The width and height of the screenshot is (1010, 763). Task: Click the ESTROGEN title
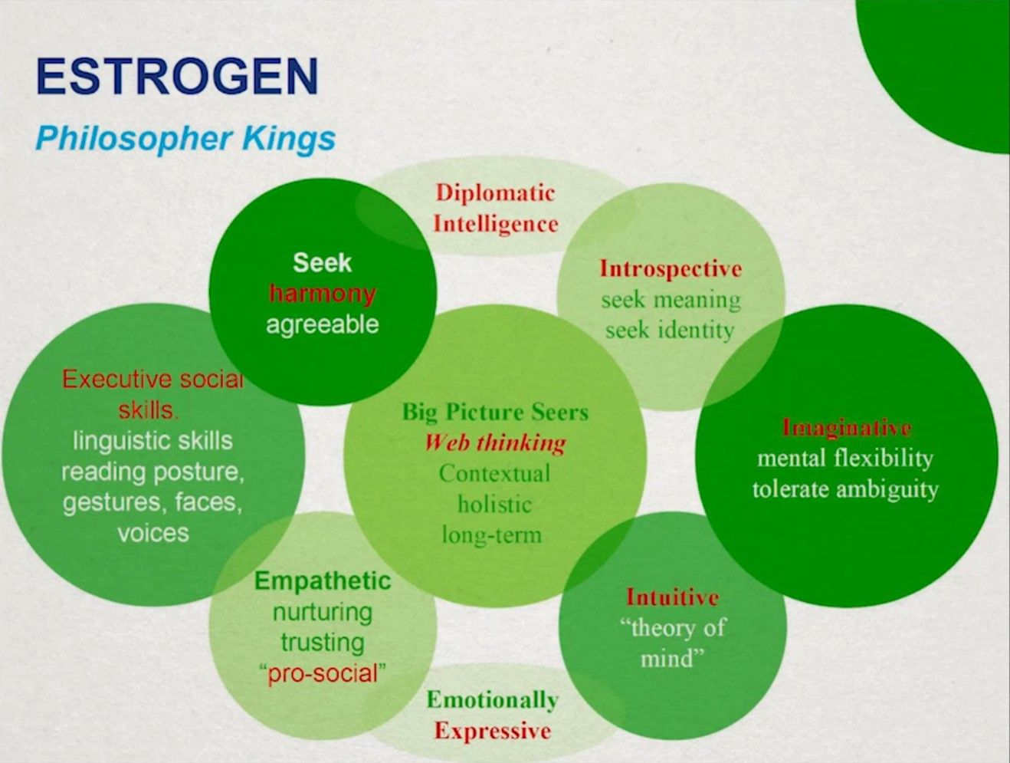coord(177,76)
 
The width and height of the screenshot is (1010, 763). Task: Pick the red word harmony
coord(323,294)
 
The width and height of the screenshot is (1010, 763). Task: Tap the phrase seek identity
coord(670,331)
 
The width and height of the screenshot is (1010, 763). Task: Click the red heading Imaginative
coord(847,428)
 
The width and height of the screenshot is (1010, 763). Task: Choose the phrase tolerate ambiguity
coord(846,490)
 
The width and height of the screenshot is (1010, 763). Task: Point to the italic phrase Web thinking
coord(495,443)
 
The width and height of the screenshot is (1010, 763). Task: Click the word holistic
coord(495,505)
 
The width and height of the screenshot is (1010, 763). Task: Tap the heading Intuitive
coord(672,597)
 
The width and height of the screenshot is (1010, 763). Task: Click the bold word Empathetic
coord(323,581)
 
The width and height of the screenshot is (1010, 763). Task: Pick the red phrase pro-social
coord(323,674)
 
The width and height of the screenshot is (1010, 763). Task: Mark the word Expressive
coord(493,732)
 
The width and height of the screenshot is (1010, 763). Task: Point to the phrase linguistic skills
coord(153,442)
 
